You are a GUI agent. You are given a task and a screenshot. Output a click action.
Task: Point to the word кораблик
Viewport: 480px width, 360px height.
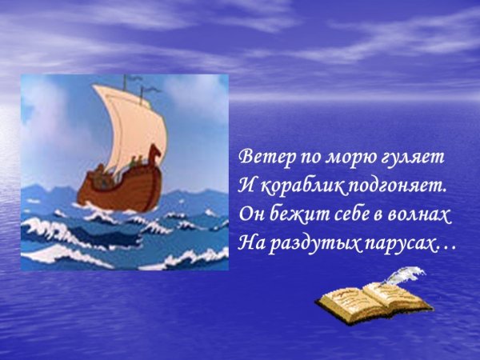tap(292, 186)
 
